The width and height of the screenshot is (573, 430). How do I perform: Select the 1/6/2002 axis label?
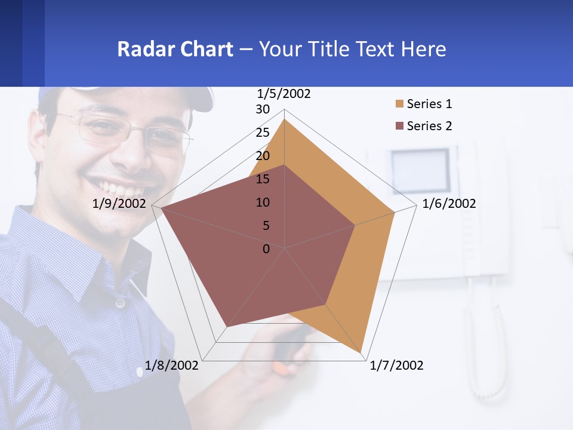point(449,204)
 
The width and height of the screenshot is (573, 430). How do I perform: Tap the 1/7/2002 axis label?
point(396,365)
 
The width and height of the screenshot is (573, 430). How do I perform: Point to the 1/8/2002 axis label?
point(171,365)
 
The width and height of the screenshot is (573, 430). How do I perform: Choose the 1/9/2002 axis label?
point(119,204)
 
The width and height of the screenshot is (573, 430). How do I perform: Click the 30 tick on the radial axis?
point(263,109)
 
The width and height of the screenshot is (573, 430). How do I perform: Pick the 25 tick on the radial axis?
point(263,133)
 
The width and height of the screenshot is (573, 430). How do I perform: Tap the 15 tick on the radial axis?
point(263,179)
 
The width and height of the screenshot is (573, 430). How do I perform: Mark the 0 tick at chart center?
point(266,249)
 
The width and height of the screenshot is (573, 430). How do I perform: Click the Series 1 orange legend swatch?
point(399,104)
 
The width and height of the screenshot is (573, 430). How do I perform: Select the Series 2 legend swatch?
point(399,126)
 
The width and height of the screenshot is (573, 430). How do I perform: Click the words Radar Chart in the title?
point(175,49)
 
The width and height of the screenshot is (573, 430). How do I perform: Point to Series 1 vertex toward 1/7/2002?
point(361,352)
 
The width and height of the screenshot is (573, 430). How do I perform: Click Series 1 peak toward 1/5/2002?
point(285,119)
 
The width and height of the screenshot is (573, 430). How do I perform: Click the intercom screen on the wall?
point(420,168)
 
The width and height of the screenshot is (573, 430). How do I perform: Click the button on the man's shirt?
point(120,303)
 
